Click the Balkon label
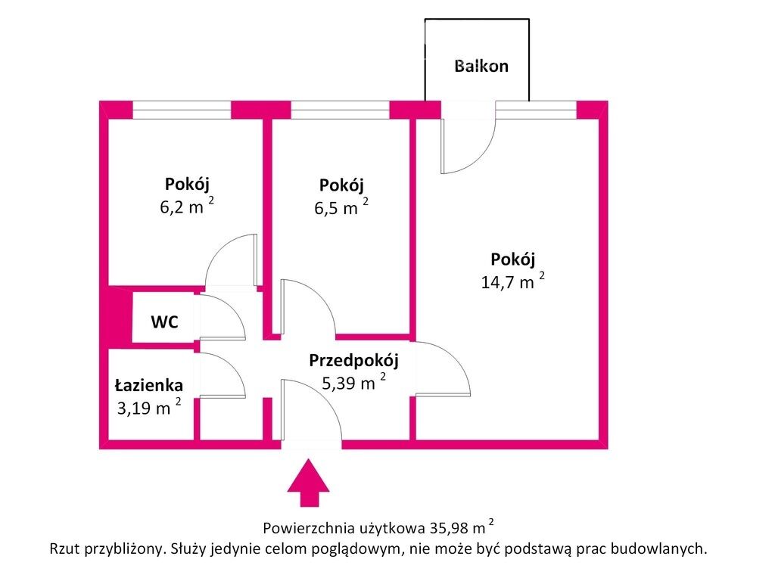tap(481, 67)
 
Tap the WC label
tap(164, 322)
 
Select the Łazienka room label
tap(149, 385)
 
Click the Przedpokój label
tap(353, 361)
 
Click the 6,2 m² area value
tap(187, 205)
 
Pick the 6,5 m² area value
tap(341, 207)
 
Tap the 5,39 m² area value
tap(354, 382)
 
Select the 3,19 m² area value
tap(149, 407)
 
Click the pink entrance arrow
tap(309, 483)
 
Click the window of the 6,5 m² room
tap(340, 110)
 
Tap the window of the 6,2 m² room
tap(182, 110)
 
